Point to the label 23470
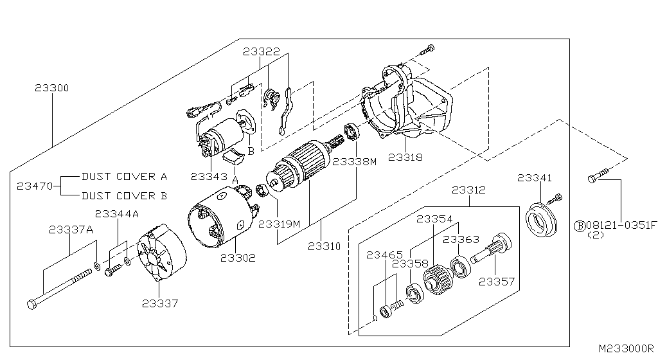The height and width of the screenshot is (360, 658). tap(34, 186)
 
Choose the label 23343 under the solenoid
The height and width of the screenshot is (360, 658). tap(209, 175)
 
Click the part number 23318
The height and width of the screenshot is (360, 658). tap(405, 156)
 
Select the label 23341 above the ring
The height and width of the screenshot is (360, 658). tap(534, 177)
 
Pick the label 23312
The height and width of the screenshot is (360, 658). tap(468, 190)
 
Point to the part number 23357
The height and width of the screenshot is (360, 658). tap(497, 281)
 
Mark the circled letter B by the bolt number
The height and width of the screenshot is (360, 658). tap(578, 225)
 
